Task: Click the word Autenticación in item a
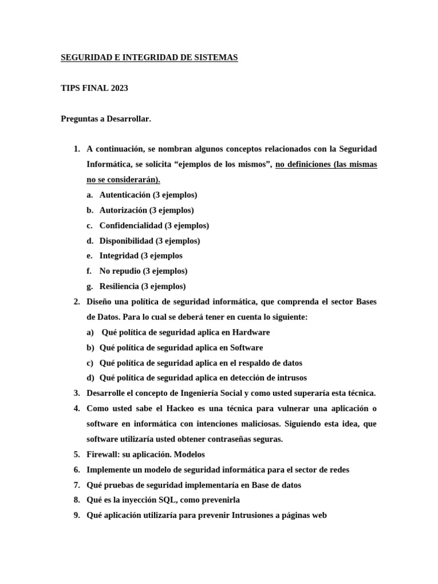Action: coord(125,194)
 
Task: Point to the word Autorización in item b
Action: coord(123,210)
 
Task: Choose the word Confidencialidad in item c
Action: coord(131,225)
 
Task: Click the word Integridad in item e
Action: coord(119,255)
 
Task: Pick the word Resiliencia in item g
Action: coord(120,286)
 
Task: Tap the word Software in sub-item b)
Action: coord(246,347)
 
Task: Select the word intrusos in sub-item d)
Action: coord(290,378)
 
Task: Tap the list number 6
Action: coord(76,470)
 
